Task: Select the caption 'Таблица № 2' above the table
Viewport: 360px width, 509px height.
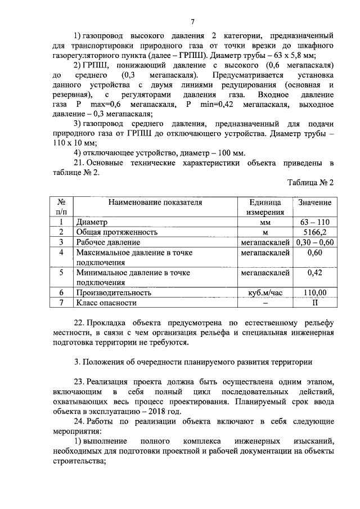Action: coord(310,183)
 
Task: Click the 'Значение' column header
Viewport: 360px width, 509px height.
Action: coord(314,202)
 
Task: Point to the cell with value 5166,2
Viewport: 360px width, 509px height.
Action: coord(314,232)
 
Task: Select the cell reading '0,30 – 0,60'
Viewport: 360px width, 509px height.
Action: coord(314,242)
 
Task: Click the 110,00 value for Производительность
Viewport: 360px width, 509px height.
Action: coord(314,292)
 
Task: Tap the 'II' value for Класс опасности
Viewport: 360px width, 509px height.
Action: coord(314,303)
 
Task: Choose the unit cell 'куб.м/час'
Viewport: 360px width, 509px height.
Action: coord(264,292)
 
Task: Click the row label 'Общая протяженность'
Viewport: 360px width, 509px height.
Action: coord(113,232)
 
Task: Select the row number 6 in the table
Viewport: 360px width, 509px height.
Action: coord(61,292)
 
